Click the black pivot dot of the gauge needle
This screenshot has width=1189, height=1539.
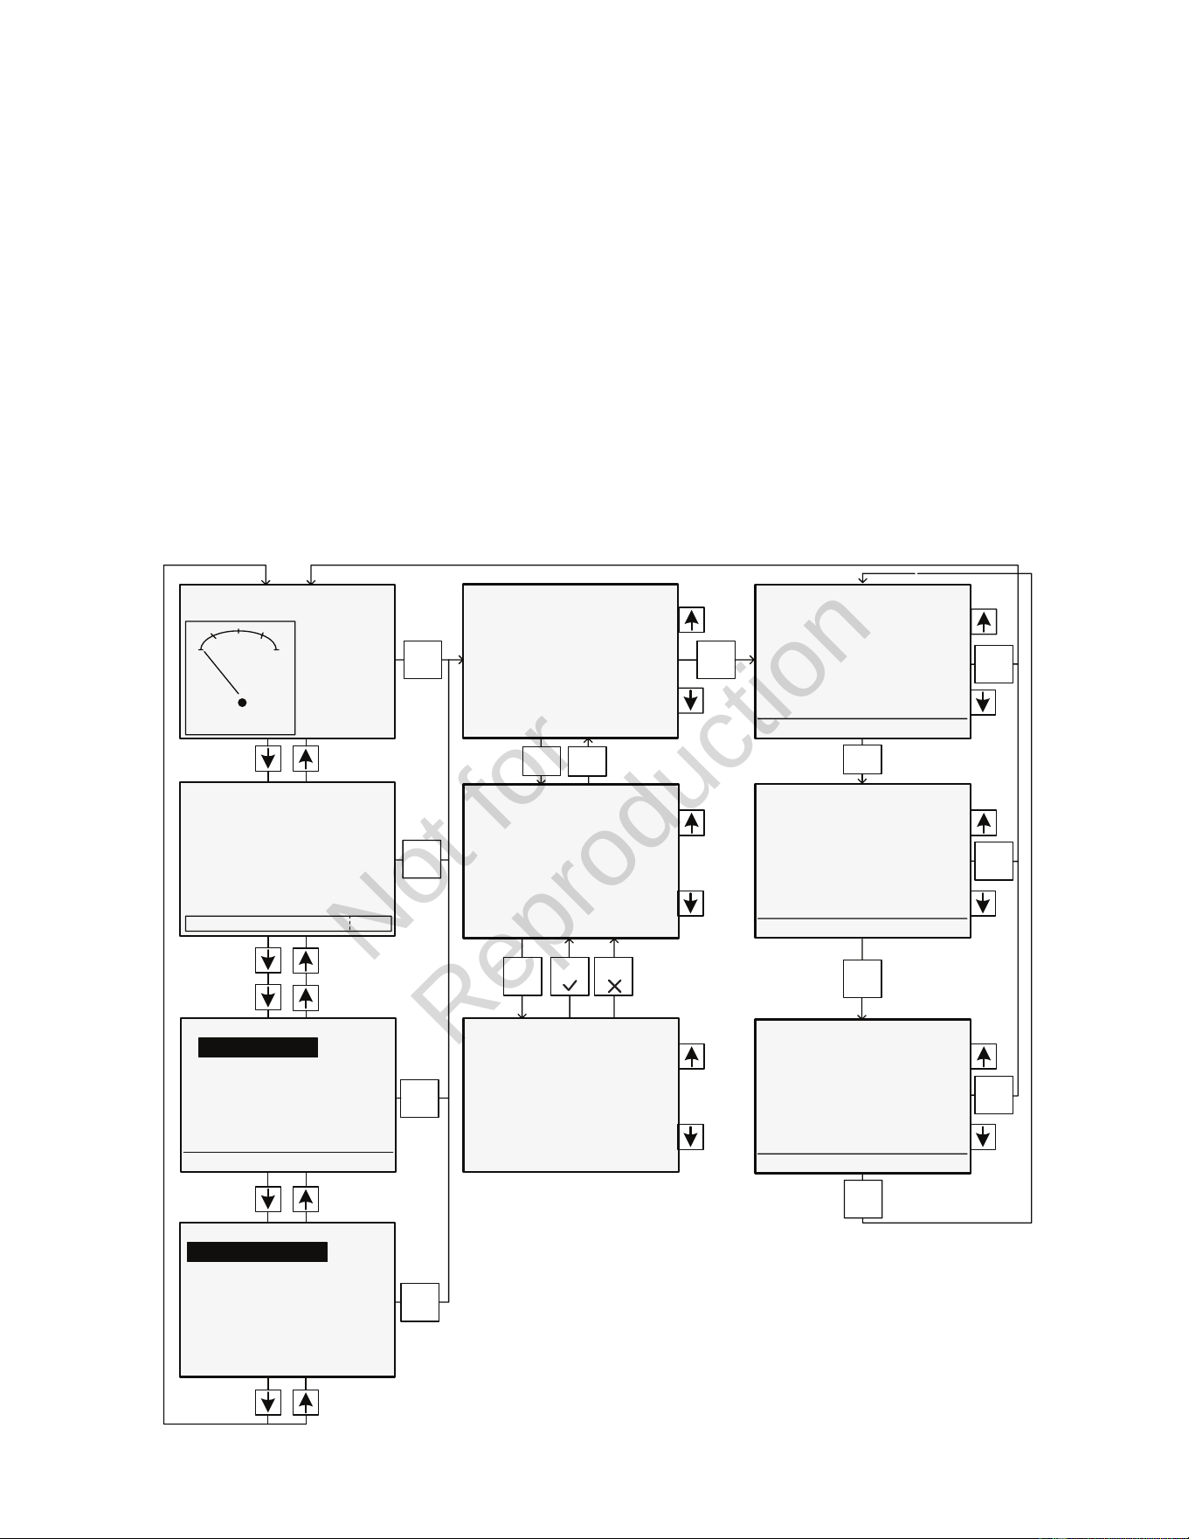click(242, 702)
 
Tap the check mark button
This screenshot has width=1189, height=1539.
click(570, 976)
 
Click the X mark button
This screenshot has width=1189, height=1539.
click(613, 976)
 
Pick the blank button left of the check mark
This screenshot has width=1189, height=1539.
click(522, 976)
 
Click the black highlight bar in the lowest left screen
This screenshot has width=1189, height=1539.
click(257, 1251)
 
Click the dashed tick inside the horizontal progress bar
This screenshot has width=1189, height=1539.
click(349, 924)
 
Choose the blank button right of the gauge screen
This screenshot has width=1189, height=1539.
click(422, 659)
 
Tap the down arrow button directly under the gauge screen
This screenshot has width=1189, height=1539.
click(268, 758)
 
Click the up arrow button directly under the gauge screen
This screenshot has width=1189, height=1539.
click(306, 758)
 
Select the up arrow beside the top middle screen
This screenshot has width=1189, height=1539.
click(691, 620)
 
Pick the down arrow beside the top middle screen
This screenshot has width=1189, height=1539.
click(691, 700)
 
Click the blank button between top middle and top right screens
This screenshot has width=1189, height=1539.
click(715, 659)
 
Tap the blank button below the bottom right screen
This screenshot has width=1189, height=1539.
click(862, 1199)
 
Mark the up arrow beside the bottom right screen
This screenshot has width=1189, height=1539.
click(984, 1056)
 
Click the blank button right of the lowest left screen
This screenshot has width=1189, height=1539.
click(419, 1302)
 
